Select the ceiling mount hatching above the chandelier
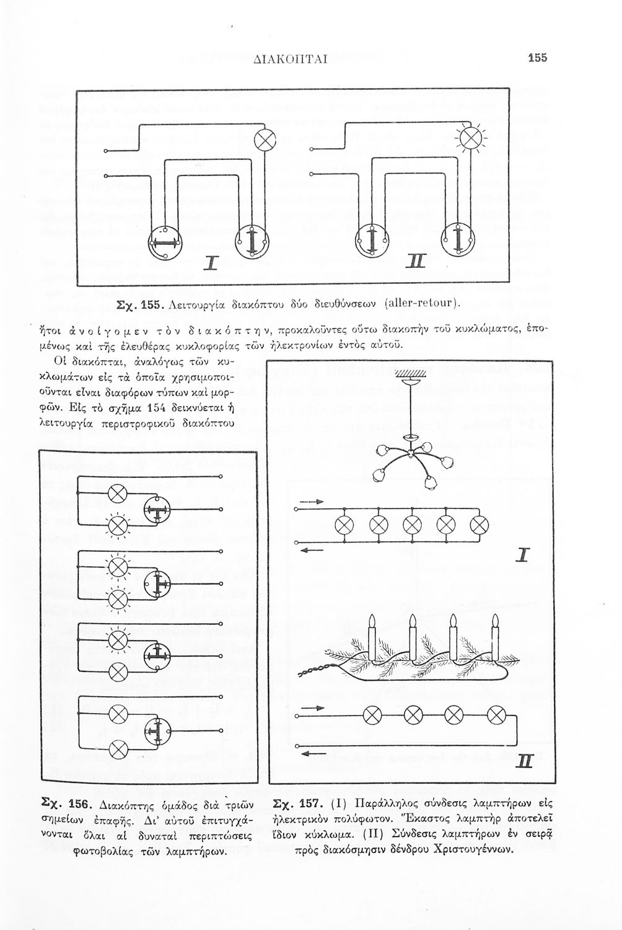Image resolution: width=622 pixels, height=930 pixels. click(407, 373)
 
